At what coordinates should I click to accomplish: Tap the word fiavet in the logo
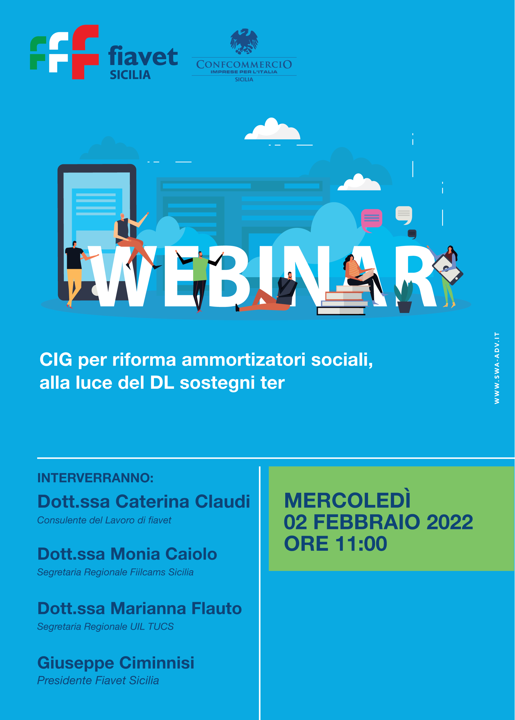tap(143, 56)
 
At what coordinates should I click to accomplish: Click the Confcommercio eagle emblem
tap(244, 41)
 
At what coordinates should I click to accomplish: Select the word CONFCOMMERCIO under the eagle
tap(244, 64)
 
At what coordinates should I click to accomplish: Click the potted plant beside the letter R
tap(404, 297)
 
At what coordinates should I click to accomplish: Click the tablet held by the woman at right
tap(447, 270)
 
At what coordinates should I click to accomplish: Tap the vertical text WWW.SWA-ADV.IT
tap(497, 368)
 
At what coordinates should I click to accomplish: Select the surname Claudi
tap(222, 502)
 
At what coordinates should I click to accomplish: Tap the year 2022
tap(449, 522)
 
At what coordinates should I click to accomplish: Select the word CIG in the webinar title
tap(56, 360)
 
